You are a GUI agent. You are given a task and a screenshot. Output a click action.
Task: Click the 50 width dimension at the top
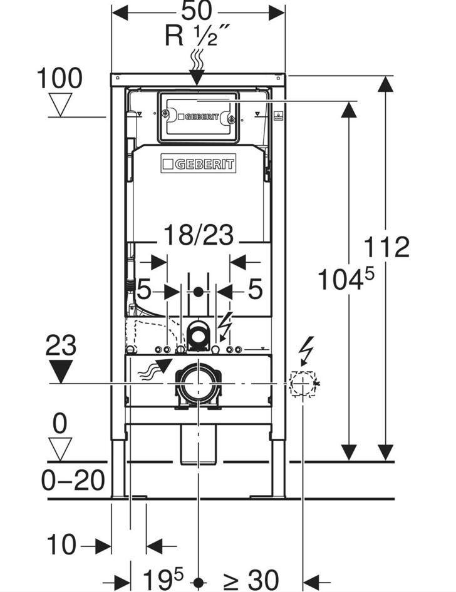pos(197,11)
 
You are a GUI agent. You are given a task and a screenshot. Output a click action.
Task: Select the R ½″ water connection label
pos(197,36)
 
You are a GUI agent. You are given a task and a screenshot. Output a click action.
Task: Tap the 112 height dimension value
pos(386,247)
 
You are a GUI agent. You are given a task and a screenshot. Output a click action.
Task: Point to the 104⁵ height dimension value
pos(345,278)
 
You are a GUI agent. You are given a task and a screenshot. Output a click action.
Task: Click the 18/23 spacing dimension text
pos(198,236)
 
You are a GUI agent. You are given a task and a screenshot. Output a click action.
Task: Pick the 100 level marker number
pos(60,79)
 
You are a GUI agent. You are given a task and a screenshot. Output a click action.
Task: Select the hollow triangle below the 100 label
pos(60,105)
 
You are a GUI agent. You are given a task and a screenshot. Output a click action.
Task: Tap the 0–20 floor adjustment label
pos(73,481)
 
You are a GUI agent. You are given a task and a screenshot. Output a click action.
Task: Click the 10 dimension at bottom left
pos(61,545)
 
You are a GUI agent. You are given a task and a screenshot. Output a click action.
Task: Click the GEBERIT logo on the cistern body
pos(198,165)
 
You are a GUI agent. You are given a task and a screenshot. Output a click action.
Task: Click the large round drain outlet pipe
pos(198,382)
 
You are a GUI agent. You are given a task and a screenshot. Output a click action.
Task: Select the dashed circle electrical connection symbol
pos(303,382)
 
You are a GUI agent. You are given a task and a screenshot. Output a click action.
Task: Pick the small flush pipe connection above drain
pos(199,335)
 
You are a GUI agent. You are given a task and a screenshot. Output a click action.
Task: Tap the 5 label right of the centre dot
pos(254,290)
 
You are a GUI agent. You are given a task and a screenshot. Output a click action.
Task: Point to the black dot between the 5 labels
pos(199,291)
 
